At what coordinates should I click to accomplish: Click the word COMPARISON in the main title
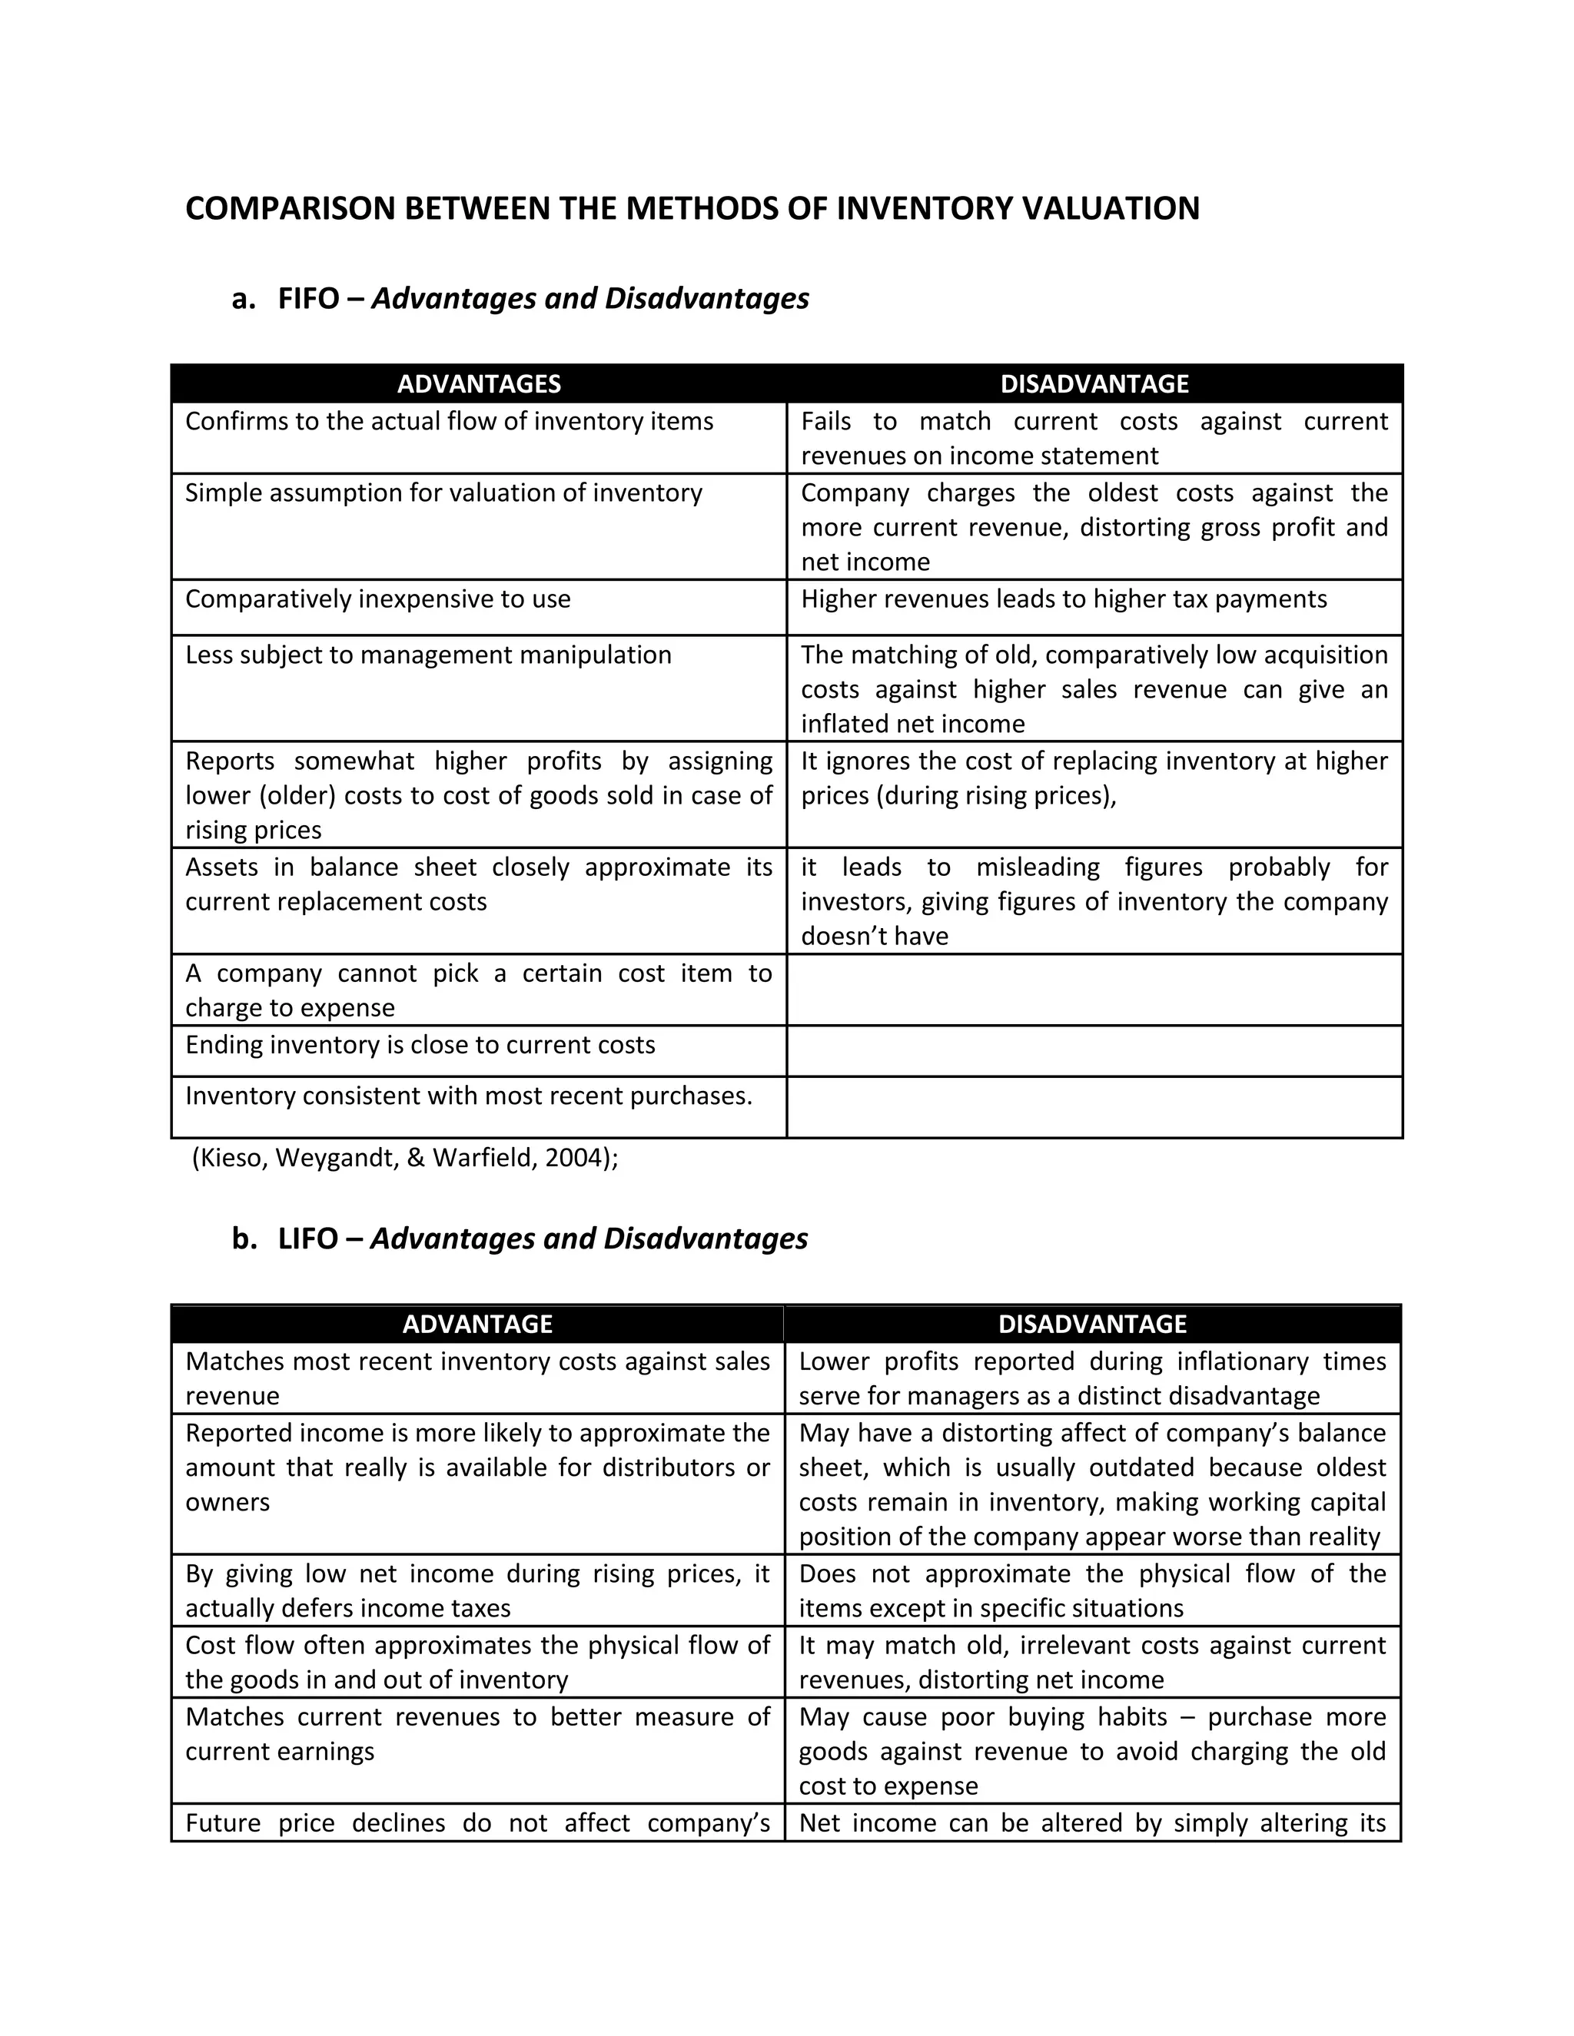pos(290,208)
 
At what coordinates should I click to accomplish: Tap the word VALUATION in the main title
pos(1111,208)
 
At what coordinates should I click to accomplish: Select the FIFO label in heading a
pos(307,298)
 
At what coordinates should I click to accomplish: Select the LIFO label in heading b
pos(307,1239)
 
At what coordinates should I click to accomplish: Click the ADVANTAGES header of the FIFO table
pos(478,384)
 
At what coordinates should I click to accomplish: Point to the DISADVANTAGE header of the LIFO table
pos(1092,1324)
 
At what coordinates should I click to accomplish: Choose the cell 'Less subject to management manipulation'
pos(428,655)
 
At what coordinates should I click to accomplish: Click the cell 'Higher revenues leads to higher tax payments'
pos(1063,599)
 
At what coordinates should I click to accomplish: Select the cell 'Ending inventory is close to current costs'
pos(420,1045)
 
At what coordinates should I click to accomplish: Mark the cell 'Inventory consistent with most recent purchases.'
pos(468,1096)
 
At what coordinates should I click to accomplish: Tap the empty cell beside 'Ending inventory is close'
pos(1094,1050)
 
